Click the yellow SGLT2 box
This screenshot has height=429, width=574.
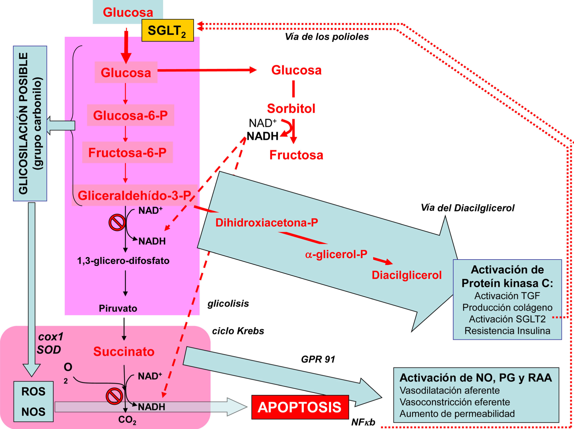167,30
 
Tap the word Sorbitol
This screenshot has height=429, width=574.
291,108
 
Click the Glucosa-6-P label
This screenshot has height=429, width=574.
130,116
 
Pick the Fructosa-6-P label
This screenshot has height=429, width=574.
127,152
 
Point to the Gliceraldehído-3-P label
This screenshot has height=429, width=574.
134,195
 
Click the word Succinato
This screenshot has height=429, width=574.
124,352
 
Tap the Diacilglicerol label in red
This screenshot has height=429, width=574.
406,275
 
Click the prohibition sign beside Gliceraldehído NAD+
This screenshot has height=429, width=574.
117,222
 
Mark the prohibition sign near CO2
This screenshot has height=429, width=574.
114,396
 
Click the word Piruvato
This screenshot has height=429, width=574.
118,308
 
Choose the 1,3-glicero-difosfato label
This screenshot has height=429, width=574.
123,261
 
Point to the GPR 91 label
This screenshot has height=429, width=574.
318,359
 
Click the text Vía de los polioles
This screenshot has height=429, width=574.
326,37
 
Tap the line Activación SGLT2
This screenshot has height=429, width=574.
507,319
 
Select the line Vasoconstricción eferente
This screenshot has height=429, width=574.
455,402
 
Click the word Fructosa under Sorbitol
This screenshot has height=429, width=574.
296,155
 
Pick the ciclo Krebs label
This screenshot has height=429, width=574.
238,331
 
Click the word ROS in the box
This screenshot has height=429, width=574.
33,391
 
